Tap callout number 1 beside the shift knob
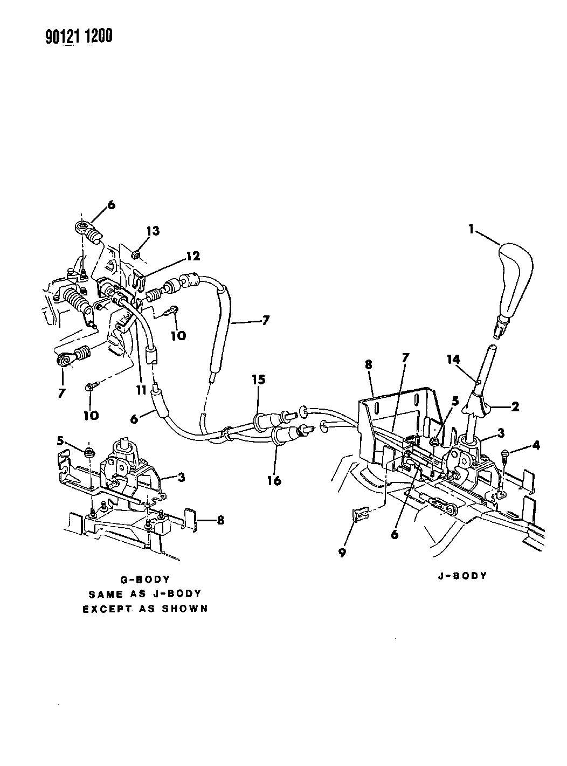pyautogui.click(x=471, y=229)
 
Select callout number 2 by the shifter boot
pyautogui.click(x=515, y=407)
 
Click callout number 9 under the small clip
pyautogui.click(x=342, y=553)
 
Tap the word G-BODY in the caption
pyautogui.click(x=144, y=579)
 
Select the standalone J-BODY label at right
pyautogui.click(x=463, y=576)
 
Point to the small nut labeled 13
pyautogui.click(x=136, y=253)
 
